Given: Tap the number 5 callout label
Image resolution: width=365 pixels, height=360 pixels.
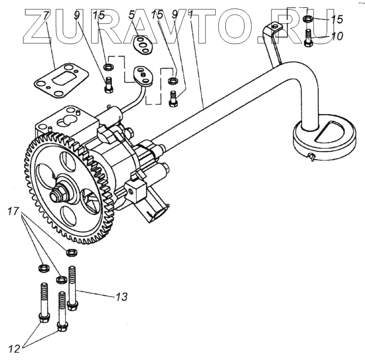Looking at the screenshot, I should point(132,15).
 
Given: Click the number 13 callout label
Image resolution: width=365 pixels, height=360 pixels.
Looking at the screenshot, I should point(120,296).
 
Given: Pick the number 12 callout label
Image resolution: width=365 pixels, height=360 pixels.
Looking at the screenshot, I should point(15,349).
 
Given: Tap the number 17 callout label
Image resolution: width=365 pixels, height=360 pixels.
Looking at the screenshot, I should point(14,212).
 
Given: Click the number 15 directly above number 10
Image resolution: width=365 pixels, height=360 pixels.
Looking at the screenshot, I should point(337,20).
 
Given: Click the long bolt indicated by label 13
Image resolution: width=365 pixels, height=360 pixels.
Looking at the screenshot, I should point(72,288).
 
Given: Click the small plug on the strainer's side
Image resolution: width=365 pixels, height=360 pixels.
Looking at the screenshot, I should point(311,158).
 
